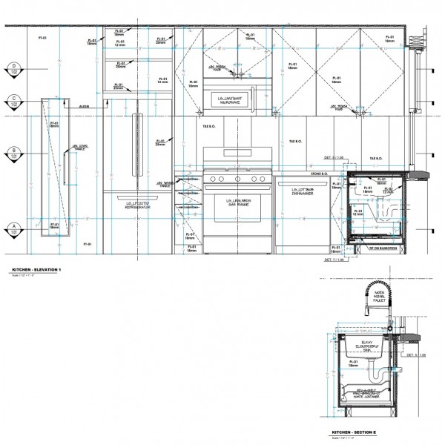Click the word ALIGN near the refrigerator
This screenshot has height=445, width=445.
(84, 108)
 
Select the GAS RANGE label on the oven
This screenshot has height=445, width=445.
(237, 202)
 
